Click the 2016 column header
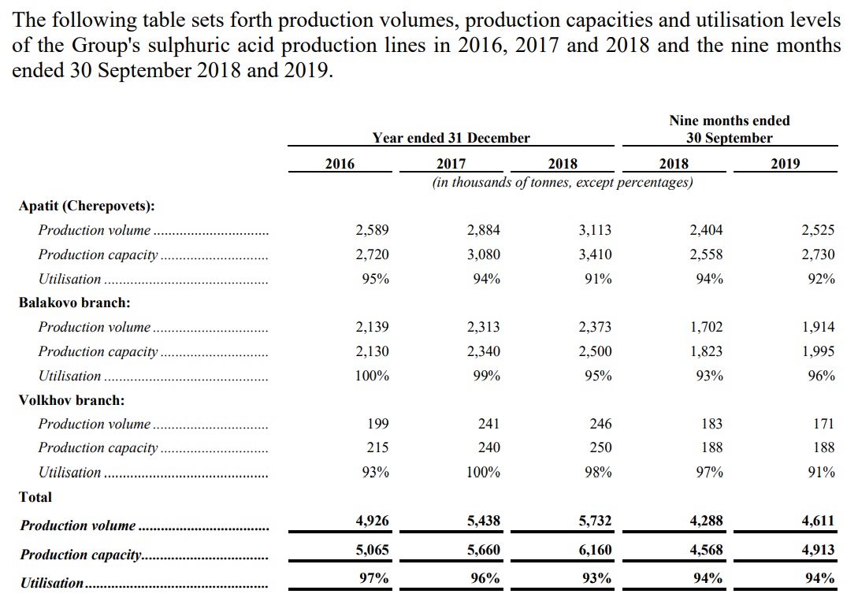pyautogui.click(x=340, y=164)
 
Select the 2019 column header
pyautogui.click(x=786, y=164)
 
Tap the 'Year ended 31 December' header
pyautogui.click(x=451, y=138)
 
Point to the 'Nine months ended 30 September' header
pyautogui.click(x=730, y=129)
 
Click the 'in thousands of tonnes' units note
pyautogui.click(x=563, y=182)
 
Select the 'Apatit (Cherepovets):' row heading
pyautogui.click(x=87, y=206)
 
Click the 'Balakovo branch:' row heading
pyautogui.click(x=74, y=303)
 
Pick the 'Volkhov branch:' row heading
pyautogui.click(x=72, y=400)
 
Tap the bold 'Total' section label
pyautogui.click(x=35, y=497)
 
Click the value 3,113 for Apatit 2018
pyautogui.click(x=596, y=230)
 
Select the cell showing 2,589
pyautogui.click(x=372, y=230)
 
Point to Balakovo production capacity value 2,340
pyautogui.click(x=484, y=351)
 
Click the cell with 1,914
pyautogui.click(x=819, y=327)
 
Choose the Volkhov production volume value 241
pyautogui.click(x=488, y=424)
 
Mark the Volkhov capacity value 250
pyautogui.click(x=601, y=447)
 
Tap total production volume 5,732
pyautogui.click(x=596, y=521)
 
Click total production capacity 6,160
pyautogui.click(x=596, y=550)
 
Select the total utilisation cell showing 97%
pyautogui.click(x=374, y=578)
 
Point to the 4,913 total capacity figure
pyautogui.click(x=819, y=550)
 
